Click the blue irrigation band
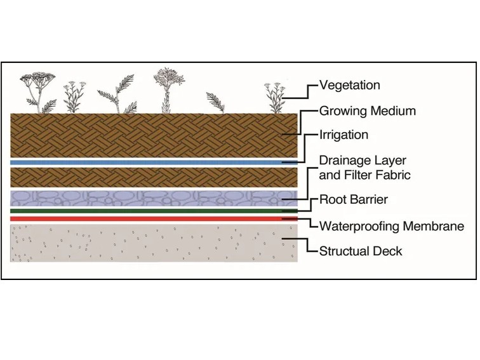[x=154, y=163]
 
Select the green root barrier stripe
[x=154, y=211]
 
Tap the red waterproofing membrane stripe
[x=154, y=218]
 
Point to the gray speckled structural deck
[x=154, y=243]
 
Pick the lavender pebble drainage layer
[x=154, y=198]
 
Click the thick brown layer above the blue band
[x=154, y=136]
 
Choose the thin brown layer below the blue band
[x=154, y=177]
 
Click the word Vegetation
[x=350, y=85]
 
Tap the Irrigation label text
[x=343, y=135]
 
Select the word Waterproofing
[x=359, y=226]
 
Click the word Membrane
[x=433, y=226]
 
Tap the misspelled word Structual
[x=344, y=251]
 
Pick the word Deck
[x=387, y=251]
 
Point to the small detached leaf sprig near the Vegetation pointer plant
[x=216, y=102]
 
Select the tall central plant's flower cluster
[x=169, y=77]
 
